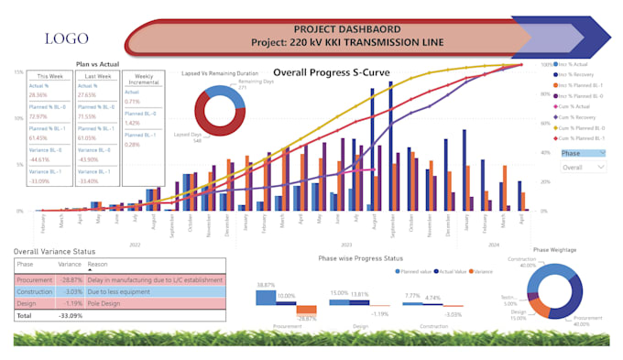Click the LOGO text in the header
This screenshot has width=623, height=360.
[x=67, y=38]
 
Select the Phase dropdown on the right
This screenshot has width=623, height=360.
[x=583, y=154]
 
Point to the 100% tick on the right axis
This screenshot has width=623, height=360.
[x=546, y=66]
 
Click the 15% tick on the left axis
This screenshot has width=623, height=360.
[x=17, y=71]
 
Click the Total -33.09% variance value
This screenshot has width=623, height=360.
[x=71, y=314]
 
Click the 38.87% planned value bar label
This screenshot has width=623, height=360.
[x=266, y=285]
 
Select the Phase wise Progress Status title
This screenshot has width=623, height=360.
[x=360, y=258]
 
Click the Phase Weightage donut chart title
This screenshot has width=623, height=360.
[x=554, y=250]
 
